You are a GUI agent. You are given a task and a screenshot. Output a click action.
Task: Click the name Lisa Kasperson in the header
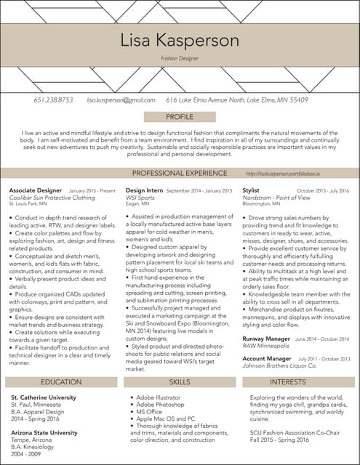pyautogui.click(x=180, y=39)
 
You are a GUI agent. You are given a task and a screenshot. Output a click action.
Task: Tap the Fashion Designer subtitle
pyautogui.click(x=180, y=57)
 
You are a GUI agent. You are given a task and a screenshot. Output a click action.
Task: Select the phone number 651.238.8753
pyautogui.click(x=53, y=100)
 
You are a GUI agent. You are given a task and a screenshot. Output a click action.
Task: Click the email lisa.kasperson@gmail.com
pyautogui.click(x=121, y=100)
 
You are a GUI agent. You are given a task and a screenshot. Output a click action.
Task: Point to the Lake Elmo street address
pyautogui.click(x=237, y=100)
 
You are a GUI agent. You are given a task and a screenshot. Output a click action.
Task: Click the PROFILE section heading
pyautogui.click(x=180, y=116)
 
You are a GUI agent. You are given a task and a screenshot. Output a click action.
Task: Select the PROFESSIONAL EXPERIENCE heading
pyautogui.click(x=180, y=174)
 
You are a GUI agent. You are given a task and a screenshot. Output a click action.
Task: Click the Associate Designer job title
pyautogui.click(x=35, y=190)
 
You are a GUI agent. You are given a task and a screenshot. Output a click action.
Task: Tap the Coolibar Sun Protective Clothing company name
pyautogui.click(x=52, y=197)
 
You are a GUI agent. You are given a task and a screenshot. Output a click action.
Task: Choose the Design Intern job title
pyautogui.click(x=145, y=190)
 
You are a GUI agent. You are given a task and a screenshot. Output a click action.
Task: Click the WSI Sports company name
pyautogui.click(x=140, y=197)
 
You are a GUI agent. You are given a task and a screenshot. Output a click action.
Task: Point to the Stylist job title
pyautogui.click(x=251, y=190)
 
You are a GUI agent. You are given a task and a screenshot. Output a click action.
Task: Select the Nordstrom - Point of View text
pyautogui.click(x=276, y=197)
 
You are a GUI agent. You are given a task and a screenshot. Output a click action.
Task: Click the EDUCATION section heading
pyautogui.click(x=61, y=381)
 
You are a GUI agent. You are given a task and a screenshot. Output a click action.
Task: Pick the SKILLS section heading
pyautogui.click(x=180, y=381)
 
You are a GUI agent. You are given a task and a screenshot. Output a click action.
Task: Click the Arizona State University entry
pyautogui.click(x=44, y=433)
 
